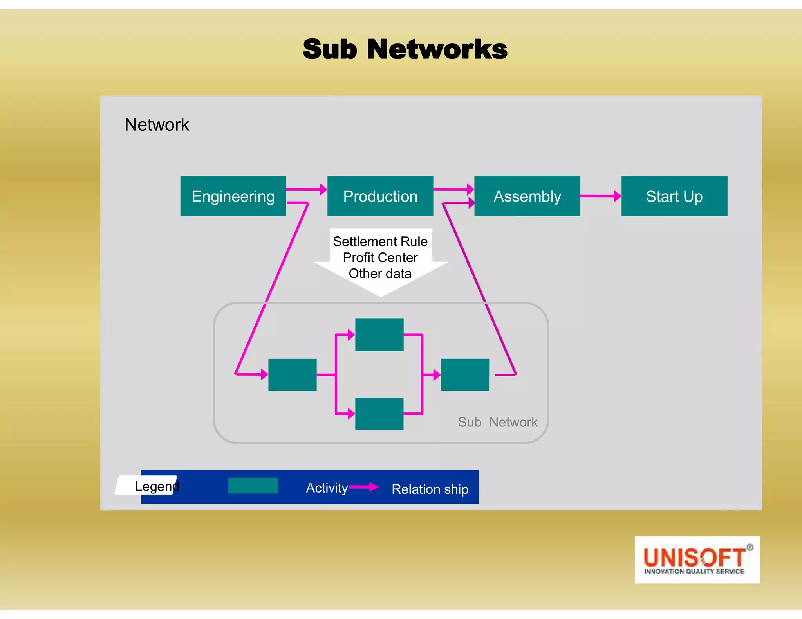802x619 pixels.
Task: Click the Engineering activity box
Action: pos(233,196)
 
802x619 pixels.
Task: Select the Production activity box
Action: pos(380,196)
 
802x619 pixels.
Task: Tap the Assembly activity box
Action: pos(527,196)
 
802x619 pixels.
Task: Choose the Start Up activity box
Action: pos(674,196)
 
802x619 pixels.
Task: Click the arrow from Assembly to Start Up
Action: pos(600,196)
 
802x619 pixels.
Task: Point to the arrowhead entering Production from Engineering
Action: pos(323,189)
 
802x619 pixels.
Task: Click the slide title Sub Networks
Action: pos(405,49)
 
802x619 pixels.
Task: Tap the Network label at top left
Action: pos(157,125)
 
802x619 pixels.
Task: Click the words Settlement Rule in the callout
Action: pos(380,241)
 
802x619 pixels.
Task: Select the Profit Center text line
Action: pos(380,257)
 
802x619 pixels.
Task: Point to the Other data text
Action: pos(380,274)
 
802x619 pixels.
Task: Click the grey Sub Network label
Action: pos(497,422)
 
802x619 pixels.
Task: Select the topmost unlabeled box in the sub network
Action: pos(379,335)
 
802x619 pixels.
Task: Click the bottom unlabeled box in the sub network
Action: pos(379,414)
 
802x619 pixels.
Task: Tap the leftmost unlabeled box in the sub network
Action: pos(292,375)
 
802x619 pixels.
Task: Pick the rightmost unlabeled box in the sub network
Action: pos(465,375)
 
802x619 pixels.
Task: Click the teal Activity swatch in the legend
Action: pos(253,486)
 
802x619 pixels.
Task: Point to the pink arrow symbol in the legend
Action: pos(364,487)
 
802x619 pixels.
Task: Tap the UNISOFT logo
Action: pos(697,560)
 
